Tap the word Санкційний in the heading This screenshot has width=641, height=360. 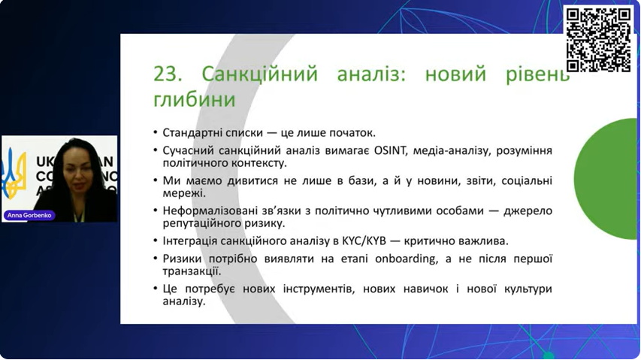pos(259,74)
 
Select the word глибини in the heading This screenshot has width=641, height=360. pos(194,99)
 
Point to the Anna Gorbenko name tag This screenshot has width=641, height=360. pos(29,216)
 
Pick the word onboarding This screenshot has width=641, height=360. pos(406,259)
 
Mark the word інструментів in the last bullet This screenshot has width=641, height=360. pos(318,289)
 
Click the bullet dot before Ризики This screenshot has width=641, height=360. pos(156,259)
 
